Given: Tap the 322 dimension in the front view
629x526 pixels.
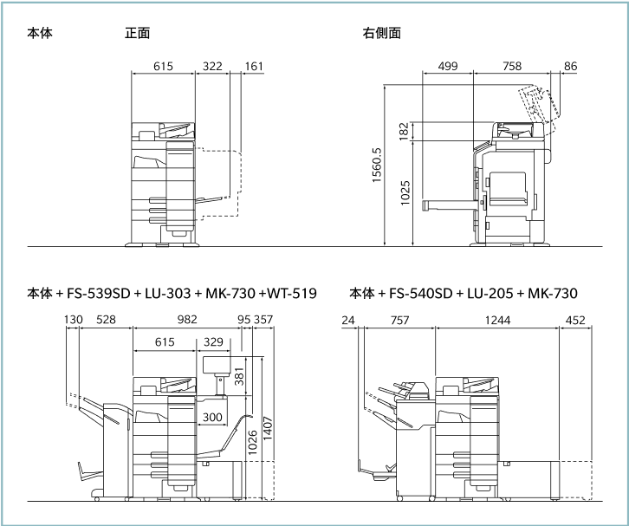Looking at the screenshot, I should pyautogui.click(x=212, y=66).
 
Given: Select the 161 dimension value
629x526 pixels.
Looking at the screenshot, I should pyautogui.click(x=254, y=66).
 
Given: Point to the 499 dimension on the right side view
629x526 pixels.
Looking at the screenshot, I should pyautogui.click(x=448, y=66).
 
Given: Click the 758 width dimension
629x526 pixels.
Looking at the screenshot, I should pyautogui.click(x=511, y=66).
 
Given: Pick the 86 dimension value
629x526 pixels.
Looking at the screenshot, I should pyautogui.click(x=570, y=66).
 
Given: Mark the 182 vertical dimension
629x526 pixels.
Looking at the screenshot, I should pyautogui.click(x=404, y=132).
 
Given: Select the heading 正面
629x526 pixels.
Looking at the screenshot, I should pyautogui.click(x=137, y=34).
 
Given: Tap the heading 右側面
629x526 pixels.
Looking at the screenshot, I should pyautogui.click(x=381, y=34).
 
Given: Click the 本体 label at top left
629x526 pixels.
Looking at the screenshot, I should pyautogui.click(x=39, y=34).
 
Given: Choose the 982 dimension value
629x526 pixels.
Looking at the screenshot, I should pyautogui.click(x=187, y=320).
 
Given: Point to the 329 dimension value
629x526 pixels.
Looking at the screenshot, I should pyautogui.click(x=212, y=342).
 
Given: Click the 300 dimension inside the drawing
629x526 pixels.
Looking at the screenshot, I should pyautogui.click(x=211, y=417).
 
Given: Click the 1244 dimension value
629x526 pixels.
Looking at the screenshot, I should pyautogui.click(x=497, y=320).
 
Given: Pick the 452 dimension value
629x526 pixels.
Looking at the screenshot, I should pyautogui.click(x=574, y=320).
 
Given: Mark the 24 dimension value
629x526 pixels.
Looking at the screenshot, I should pyautogui.click(x=349, y=320).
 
